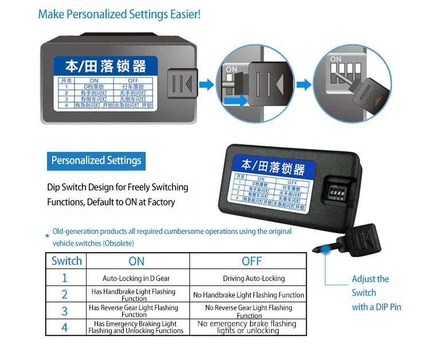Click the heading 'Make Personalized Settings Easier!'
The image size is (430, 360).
pyautogui.click(x=119, y=14)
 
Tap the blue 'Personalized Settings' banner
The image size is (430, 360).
pyautogui.click(x=96, y=161)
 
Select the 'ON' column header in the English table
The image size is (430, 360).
pyautogui.click(x=136, y=261)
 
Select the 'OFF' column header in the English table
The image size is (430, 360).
pyautogui.click(x=252, y=261)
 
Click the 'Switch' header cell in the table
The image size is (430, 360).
pyautogui.click(x=67, y=261)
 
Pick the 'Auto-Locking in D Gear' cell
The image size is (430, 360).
pyautogui.click(x=136, y=278)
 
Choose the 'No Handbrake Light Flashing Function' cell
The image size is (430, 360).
pyautogui.click(x=249, y=295)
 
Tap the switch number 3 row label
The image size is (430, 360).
pyautogui.click(x=64, y=311)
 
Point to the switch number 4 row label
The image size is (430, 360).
pyautogui.click(x=64, y=327)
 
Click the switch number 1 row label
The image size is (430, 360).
pyautogui.click(x=64, y=278)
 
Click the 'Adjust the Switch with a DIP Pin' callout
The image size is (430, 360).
pyautogui.click(x=376, y=293)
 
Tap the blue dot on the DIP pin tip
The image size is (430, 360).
pyautogui.click(x=326, y=249)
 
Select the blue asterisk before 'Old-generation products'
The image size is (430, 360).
pyautogui.click(x=47, y=236)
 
